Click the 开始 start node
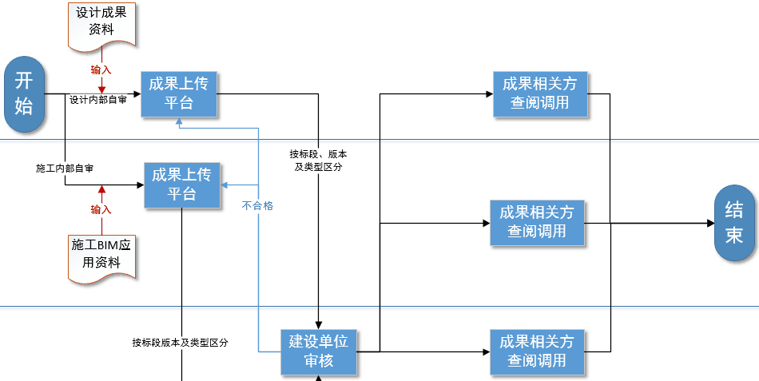point(25,94)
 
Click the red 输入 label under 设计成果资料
point(101,70)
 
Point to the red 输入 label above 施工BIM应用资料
point(101,209)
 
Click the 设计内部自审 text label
point(97,101)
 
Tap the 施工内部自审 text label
point(65,169)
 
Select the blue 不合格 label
point(257,205)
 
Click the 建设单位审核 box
point(319,351)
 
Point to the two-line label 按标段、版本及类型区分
point(319,160)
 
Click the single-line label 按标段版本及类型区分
point(181,343)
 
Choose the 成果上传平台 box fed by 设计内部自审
point(179,94)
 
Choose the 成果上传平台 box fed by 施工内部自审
point(182,185)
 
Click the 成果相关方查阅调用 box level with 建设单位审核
point(537,351)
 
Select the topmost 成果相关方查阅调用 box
point(540,93)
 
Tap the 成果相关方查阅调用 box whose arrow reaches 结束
point(537,223)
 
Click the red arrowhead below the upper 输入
point(101,88)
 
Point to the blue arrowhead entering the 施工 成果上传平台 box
point(226,185)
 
